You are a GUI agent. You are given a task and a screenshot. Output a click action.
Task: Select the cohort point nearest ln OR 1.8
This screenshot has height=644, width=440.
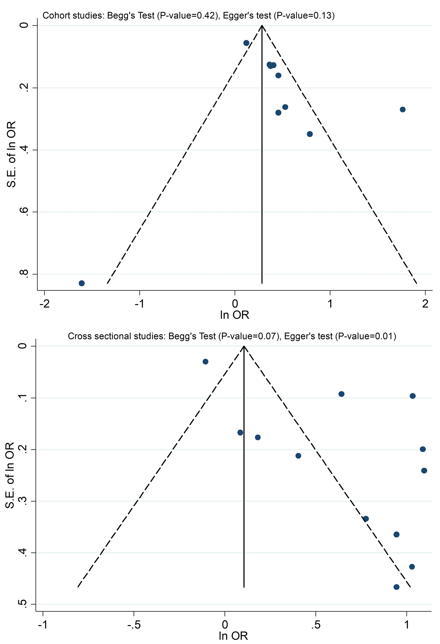[x=403, y=109]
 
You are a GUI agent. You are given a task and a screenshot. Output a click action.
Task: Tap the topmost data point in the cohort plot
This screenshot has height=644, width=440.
[x=246, y=43]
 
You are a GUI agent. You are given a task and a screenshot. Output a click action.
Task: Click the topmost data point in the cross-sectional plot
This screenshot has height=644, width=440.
[x=205, y=361]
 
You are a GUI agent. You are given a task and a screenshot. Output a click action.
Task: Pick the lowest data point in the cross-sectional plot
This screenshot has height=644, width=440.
[x=397, y=587]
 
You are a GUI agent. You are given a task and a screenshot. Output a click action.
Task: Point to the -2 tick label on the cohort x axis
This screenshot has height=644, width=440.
[x=44, y=304]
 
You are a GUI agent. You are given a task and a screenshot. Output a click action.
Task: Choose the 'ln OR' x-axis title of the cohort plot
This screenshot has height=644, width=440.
[x=234, y=315]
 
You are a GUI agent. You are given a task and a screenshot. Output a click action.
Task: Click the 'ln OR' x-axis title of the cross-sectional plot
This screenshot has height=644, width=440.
[x=233, y=636]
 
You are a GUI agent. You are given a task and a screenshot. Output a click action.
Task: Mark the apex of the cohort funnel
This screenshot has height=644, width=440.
[x=262, y=26]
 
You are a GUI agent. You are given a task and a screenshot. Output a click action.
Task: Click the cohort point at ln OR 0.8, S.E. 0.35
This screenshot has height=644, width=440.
[x=310, y=134]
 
